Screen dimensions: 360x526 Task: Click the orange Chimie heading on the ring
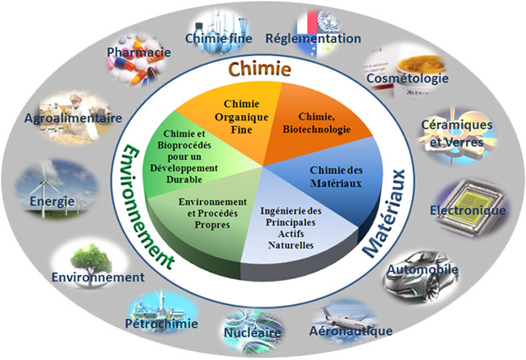259,70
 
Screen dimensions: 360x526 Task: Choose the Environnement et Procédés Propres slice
211,212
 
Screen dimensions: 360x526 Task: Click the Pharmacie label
138,53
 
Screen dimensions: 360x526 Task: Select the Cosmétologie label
407,79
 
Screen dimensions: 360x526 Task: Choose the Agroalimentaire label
73,118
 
